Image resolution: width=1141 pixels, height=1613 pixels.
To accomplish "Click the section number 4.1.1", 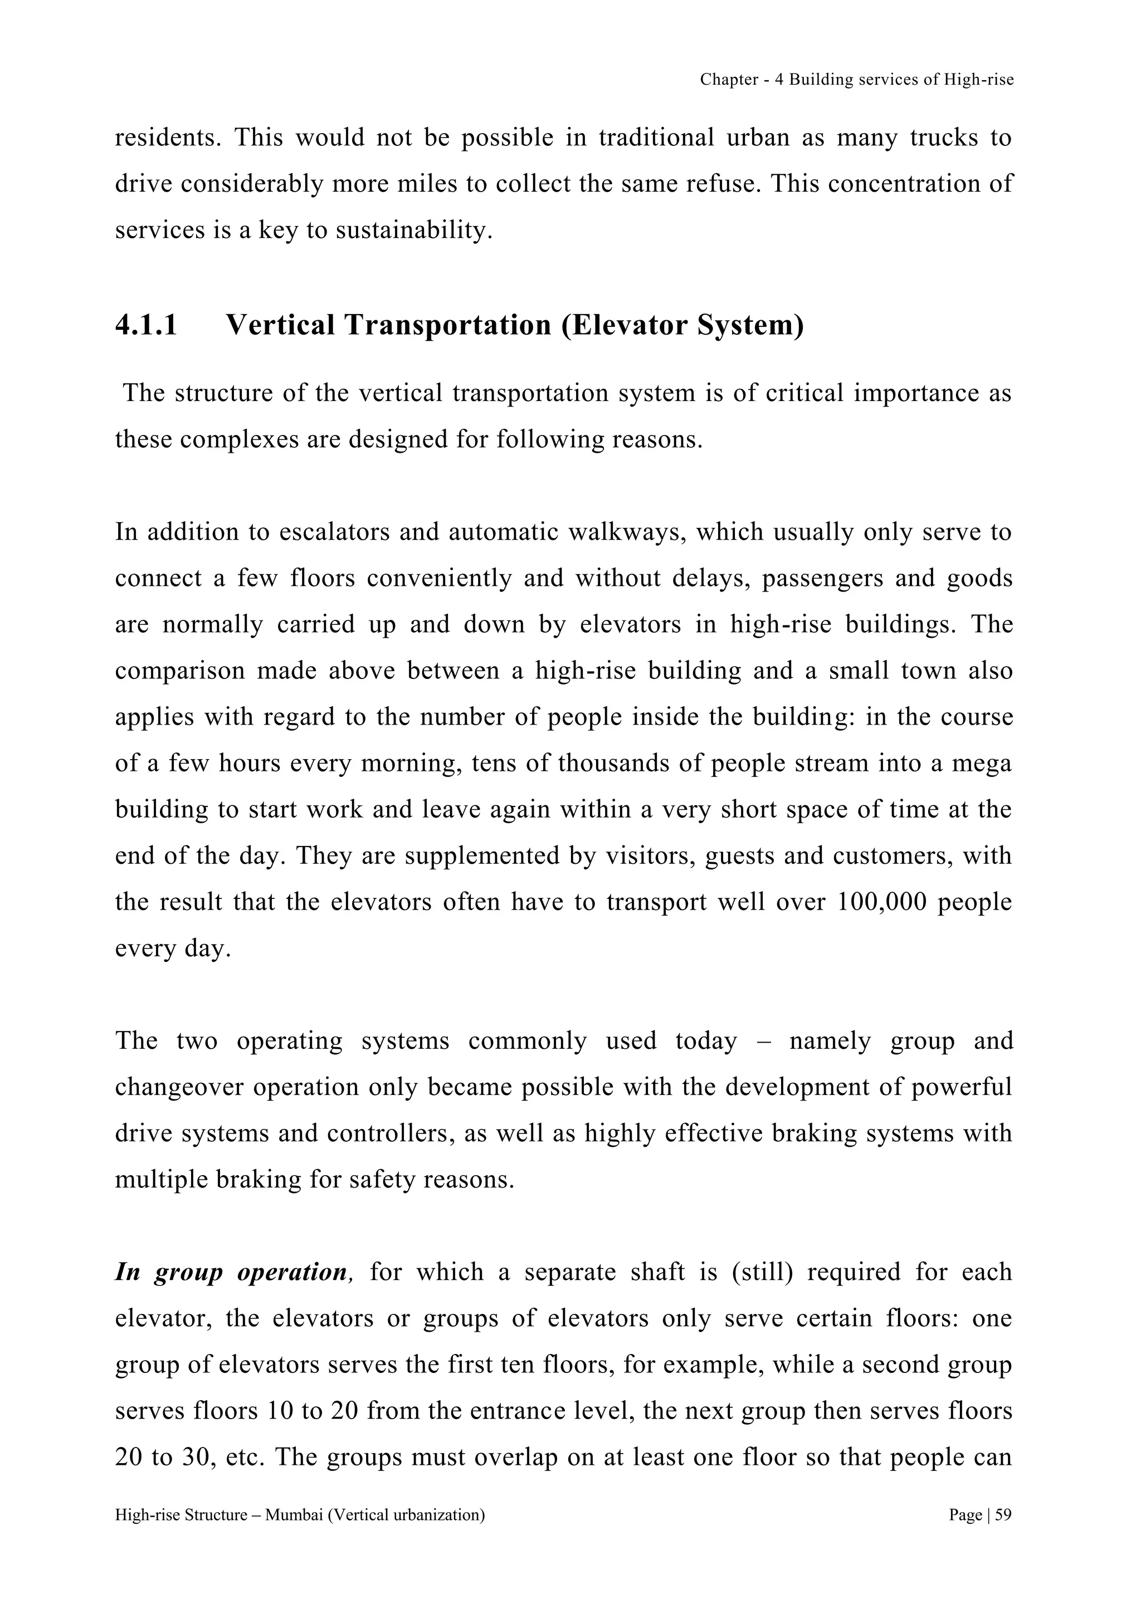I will (x=146, y=325).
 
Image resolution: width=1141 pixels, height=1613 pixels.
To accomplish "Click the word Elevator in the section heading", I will (x=627, y=325).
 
